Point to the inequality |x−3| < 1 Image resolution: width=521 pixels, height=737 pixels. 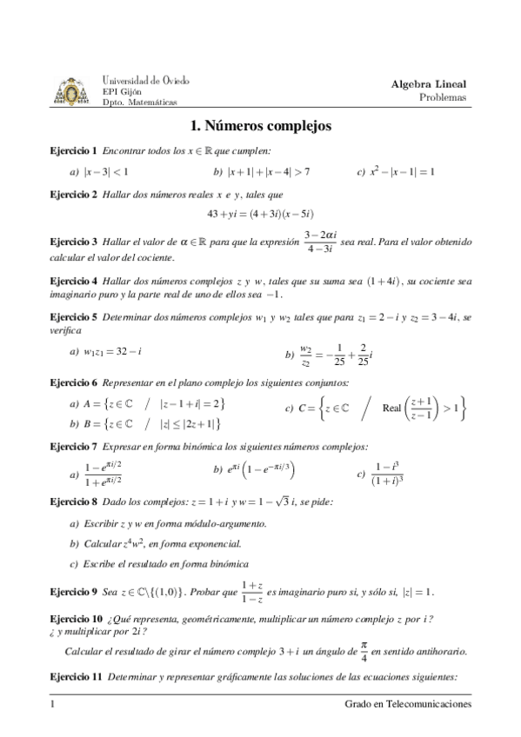[99, 172]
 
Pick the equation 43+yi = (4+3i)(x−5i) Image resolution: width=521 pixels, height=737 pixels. [260, 214]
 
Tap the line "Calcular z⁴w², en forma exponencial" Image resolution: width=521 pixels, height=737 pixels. [154, 544]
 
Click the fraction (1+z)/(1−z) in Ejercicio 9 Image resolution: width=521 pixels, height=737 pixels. [252, 591]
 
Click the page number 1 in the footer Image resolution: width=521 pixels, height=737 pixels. [53, 704]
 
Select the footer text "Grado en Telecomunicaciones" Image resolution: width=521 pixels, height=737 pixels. [408, 704]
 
